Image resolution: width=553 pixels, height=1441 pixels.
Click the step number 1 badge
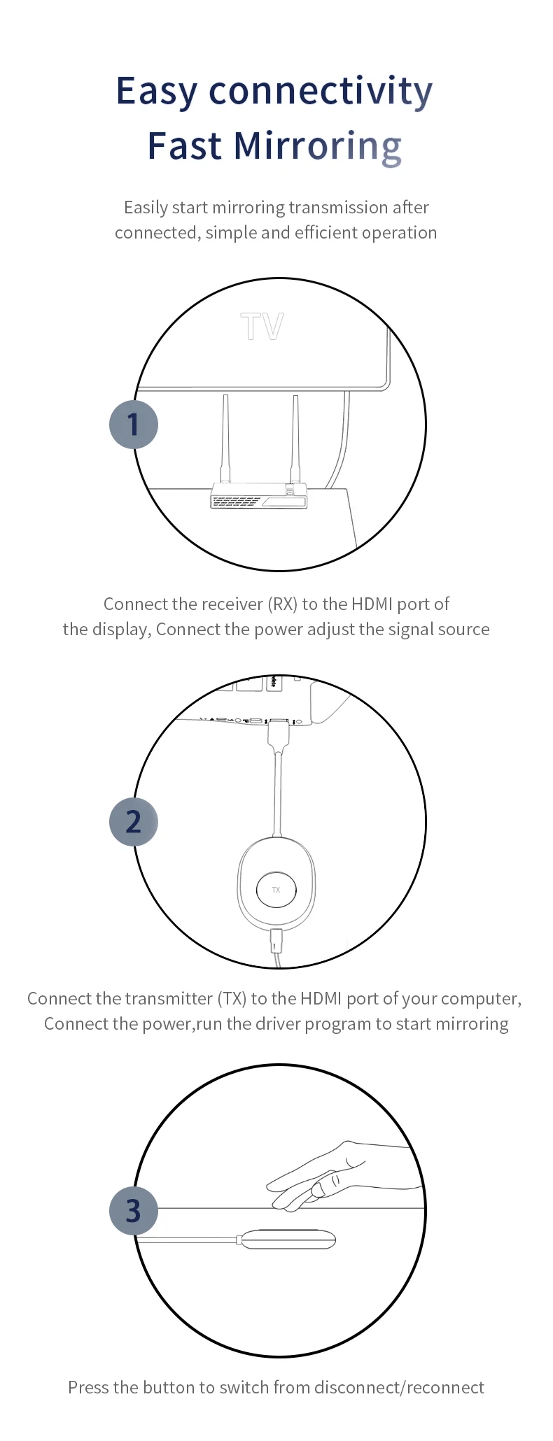click(134, 425)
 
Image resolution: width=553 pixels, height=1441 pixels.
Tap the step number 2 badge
click(134, 822)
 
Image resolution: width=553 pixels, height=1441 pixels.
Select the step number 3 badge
click(134, 1211)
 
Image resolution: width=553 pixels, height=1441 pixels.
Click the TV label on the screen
click(262, 327)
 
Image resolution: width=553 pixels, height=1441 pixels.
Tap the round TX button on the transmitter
click(276, 890)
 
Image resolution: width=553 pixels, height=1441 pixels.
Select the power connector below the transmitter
click(277, 941)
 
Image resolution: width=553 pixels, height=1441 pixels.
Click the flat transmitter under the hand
click(288, 1240)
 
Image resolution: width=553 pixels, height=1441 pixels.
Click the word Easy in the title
click(157, 92)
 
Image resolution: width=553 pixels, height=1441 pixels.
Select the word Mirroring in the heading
click(317, 146)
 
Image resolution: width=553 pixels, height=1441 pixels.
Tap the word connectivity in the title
click(321, 92)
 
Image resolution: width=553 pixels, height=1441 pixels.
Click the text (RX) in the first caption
click(283, 604)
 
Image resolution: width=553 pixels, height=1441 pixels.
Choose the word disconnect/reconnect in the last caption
click(399, 1387)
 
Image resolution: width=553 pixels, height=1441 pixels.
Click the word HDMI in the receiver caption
click(372, 604)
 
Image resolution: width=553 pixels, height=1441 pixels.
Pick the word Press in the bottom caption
click(88, 1387)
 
